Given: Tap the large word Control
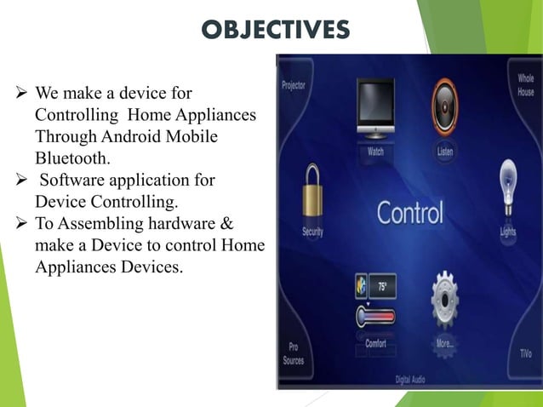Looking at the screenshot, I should point(411,213).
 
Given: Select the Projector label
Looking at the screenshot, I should point(294,86).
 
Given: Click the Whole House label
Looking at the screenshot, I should point(526,84).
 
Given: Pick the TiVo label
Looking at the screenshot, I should point(525,352).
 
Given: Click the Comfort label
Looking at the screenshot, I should point(375,344).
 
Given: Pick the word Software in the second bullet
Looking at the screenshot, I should point(77,180).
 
